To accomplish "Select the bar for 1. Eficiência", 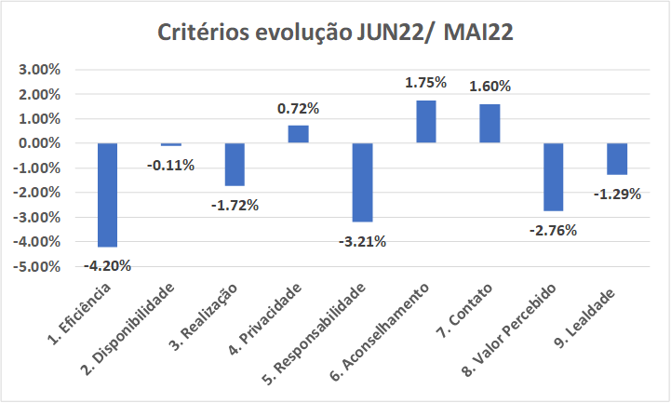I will tap(108, 195).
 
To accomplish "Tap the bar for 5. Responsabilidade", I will tap(362, 182).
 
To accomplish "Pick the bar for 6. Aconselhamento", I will tap(425, 121).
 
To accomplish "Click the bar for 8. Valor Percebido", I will tap(553, 177).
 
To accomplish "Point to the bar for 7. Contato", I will tap(490, 123).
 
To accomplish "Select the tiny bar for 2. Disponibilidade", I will tap(171, 144).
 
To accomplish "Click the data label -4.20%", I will tap(108, 265).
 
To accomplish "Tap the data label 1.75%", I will tap(425, 83).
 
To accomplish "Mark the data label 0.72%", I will tap(298, 108).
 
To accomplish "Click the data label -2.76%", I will tap(553, 230).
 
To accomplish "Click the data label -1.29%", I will tap(617, 195).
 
